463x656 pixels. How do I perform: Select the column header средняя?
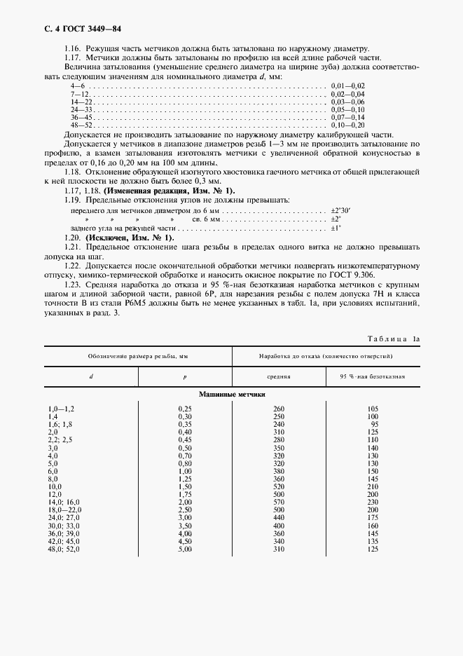tap(278, 376)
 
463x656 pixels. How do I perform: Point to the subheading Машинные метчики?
tap(232, 395)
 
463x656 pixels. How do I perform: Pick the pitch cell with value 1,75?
tap(185, 494)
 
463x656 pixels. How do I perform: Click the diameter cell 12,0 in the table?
tap(55, 494)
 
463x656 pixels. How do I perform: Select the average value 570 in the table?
tap(279, 502)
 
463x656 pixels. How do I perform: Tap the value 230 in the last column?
tap(372, 502)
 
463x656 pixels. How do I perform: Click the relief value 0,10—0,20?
tap(347, 124)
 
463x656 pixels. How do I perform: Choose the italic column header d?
tap(91, 376)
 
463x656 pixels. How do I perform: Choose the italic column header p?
tap(185, 376)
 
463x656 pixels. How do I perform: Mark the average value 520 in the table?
tap(279, 486)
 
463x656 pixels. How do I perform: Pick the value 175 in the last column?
tap(372, 517)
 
